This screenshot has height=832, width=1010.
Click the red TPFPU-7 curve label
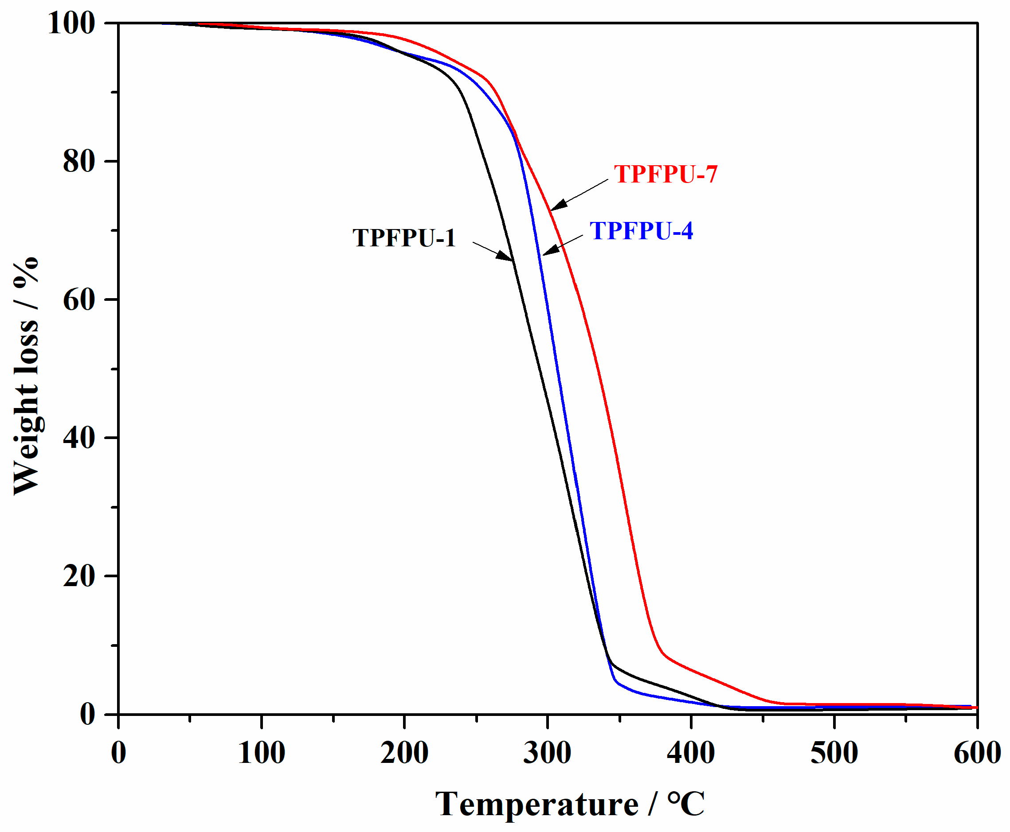click(x=665, y=174)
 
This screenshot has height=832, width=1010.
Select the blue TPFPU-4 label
click(x=641, y=230)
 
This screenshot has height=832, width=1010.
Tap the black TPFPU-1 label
click(x=404, y=238)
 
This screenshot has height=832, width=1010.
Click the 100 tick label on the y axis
click(x=71, y=23)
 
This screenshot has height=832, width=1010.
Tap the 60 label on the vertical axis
click(x=78, y=299)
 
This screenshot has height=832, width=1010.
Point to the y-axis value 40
click(x=78, y=438)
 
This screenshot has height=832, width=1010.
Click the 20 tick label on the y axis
click(x=78, y=575)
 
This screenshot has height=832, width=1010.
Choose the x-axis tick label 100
click(x=262, y=752)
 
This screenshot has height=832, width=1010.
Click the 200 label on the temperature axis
click(x=404, y=752)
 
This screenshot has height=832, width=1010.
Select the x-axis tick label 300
click(x=547, y=752)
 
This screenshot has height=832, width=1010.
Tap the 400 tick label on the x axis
click(x=691, y=752)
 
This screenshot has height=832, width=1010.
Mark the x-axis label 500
click(x=834, y=752)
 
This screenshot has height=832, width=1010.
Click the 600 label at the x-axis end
click(x=977, y=752)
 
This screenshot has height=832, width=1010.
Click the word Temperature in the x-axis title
click(x=536, y=804)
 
